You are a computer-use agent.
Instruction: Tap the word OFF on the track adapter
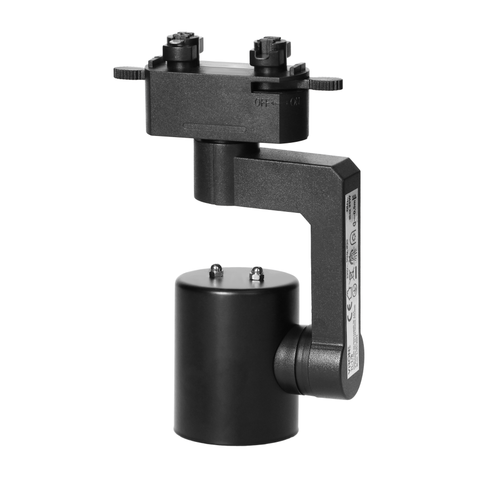pos(261,103)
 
